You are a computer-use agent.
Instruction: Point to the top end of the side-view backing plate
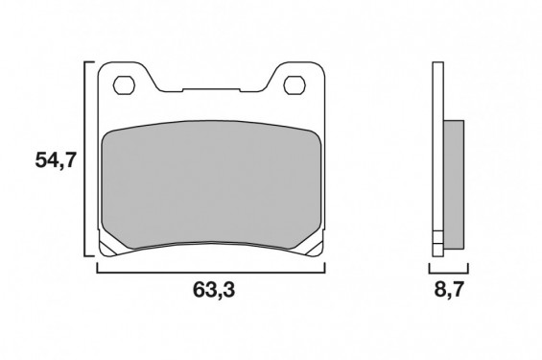(438, 65)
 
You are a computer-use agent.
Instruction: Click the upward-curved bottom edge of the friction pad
(212, 241)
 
